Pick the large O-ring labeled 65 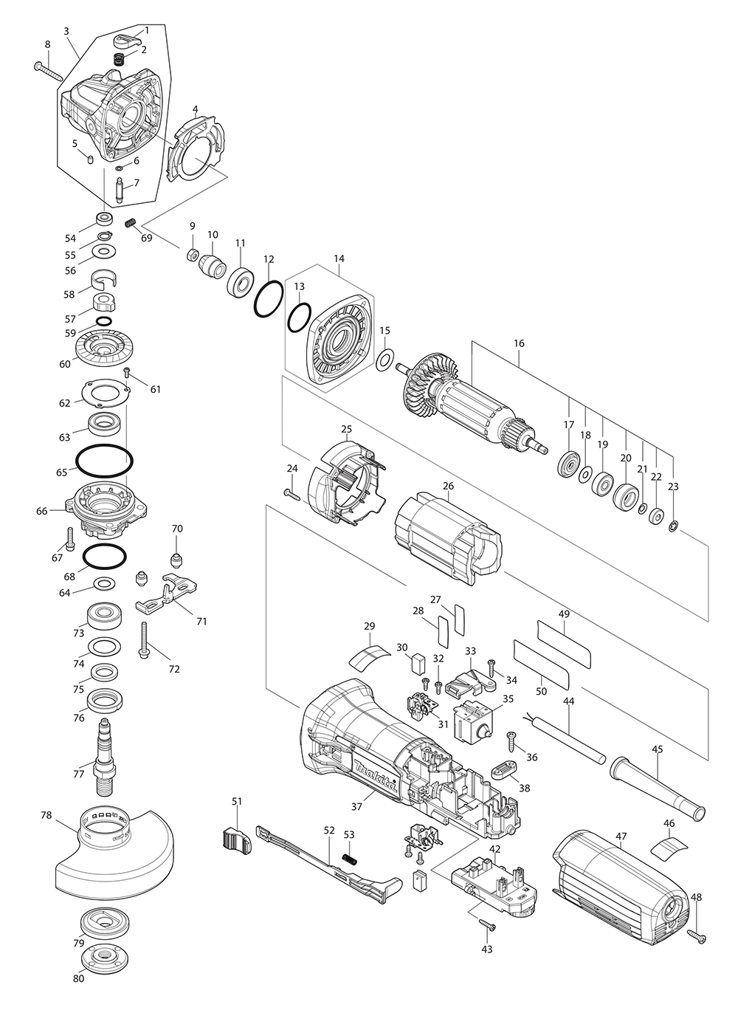coord(104,461)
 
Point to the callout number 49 coord(564,614)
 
